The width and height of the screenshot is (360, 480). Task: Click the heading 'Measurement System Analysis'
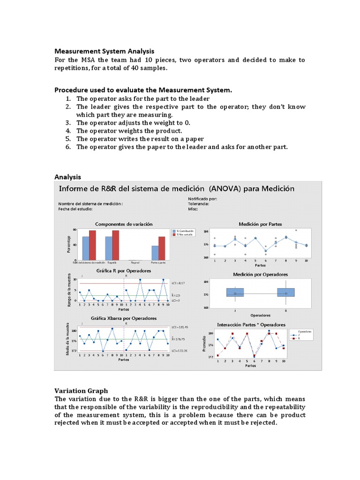pos(104,51)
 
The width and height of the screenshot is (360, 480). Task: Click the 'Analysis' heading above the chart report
pos(67,177)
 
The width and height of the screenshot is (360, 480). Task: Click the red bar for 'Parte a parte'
pos(162,248)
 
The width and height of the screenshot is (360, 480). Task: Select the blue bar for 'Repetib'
pos(109,248)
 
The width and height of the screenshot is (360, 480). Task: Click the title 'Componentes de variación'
pos(124,224)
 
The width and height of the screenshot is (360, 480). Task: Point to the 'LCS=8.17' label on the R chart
pos(178,283)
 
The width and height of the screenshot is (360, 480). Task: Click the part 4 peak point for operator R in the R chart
pos(140,280)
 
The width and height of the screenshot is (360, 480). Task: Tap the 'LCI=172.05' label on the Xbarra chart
pos(180,351)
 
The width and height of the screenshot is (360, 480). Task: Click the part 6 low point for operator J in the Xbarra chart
pos(103,351)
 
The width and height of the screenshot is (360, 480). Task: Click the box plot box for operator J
pos(235,292)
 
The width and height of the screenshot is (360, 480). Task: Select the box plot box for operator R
pos(285,292)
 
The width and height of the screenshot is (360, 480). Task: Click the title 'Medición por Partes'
pos(260,224)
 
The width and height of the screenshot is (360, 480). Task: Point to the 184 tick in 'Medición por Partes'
pos(206,232)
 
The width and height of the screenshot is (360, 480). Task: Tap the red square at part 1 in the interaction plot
pos(217,355)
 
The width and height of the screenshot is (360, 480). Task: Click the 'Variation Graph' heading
pos(81,390)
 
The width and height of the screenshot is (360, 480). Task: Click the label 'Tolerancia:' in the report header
pos(199,204)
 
